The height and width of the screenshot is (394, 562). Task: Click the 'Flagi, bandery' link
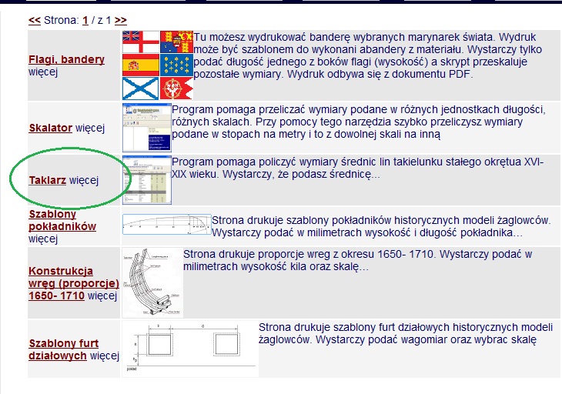67,59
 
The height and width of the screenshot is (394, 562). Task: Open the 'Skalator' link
51,128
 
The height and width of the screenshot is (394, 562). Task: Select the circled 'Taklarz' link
47,180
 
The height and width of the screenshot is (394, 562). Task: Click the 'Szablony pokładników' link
62,220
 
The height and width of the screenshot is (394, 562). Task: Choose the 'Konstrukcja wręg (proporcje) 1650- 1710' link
73,283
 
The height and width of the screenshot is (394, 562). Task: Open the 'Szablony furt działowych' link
63,349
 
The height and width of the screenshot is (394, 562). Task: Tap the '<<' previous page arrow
35,20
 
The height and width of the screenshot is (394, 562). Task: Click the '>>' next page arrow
121,20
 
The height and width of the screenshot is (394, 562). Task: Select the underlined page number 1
85,21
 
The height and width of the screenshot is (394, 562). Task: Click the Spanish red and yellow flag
140,65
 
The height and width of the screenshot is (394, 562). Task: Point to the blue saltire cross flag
140,88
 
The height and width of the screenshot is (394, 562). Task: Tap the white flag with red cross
140,42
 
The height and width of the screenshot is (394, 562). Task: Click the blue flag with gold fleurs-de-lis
177,65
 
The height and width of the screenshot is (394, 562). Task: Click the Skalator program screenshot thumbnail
147,128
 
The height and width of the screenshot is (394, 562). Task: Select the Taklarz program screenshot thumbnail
147,180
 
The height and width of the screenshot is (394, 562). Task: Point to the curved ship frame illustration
152,282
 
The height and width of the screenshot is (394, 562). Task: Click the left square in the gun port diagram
159,344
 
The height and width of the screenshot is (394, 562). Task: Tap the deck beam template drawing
166,224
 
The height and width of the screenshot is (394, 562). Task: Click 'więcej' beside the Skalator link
90,128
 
